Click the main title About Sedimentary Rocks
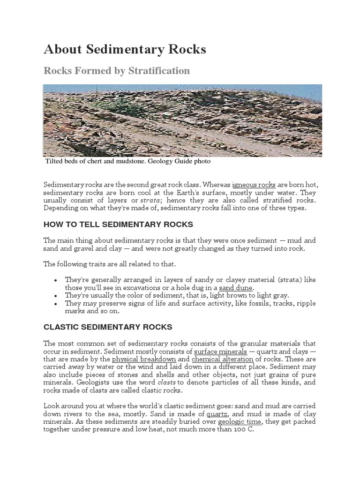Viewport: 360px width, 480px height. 125,50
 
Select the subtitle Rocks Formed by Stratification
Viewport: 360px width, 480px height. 117,71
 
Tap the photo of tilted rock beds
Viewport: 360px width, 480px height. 182,120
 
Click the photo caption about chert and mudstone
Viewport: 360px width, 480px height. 127,161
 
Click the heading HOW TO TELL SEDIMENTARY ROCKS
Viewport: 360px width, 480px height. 118,225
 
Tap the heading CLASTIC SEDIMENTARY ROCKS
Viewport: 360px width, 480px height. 108,327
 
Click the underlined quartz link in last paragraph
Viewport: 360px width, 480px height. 217,414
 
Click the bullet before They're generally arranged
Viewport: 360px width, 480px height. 56,280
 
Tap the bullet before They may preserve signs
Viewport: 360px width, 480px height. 56,304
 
